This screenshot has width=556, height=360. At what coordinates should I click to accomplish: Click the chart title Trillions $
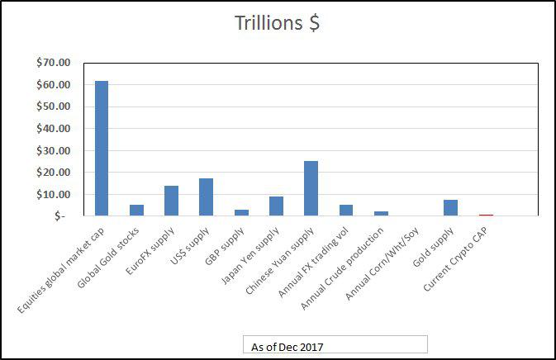tap(278, 23)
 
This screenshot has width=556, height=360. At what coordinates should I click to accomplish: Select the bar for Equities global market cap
tap(102, 148)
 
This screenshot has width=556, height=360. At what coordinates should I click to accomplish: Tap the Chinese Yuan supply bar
tap(311, 188)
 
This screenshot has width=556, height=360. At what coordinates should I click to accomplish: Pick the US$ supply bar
tap(206, 197)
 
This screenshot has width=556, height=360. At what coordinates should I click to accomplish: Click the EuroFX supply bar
tap(171, 201)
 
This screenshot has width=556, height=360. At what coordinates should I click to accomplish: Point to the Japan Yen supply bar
tap(276, 206)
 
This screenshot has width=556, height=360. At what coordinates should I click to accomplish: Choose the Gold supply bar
tap(450, 207)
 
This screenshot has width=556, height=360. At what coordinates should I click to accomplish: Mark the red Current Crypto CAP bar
tap(486, 215)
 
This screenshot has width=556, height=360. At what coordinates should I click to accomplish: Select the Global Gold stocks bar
tap(136, 210)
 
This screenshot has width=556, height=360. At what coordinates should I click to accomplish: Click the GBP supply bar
tap(241, 212)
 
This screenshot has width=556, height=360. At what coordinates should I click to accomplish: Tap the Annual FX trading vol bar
tap(345, 210)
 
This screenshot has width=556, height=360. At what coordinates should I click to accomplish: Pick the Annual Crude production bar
tap(381, 213)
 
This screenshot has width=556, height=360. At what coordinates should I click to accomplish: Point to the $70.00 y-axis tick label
tap(54, 63)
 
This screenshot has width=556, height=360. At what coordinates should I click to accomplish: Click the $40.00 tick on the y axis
tap(54, 129)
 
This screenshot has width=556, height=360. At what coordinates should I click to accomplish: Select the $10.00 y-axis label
tap(54, 194)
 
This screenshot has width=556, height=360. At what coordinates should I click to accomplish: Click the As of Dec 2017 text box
tap(335, 345)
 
